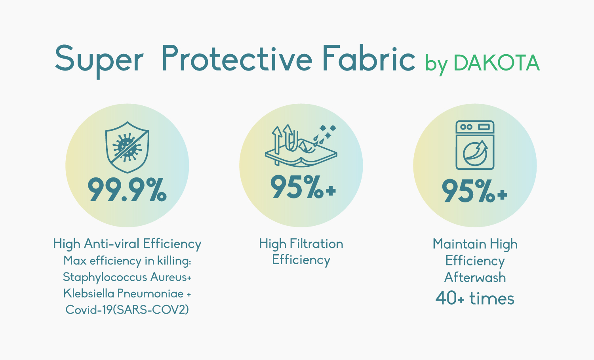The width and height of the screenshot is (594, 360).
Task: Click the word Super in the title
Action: click(99, 61)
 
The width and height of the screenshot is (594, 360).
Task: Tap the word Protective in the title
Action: click(237, 58)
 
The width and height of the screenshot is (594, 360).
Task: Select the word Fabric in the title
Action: click(369, 58)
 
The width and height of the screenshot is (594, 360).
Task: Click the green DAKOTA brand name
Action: click(497, 63)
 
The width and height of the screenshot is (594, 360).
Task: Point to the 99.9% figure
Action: click(127, 189)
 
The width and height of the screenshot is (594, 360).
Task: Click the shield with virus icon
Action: click(127, 147)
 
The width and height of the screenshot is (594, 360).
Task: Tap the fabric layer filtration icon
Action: click(301, 145)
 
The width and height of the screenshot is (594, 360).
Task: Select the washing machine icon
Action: click(475, 145)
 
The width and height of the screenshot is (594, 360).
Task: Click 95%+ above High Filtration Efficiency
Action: click(303, 187)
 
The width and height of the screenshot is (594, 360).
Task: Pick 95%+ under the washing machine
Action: click(474, 191)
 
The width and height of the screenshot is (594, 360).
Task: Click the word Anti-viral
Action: click(112, 244)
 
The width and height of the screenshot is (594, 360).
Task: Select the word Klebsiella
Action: click(89, 293)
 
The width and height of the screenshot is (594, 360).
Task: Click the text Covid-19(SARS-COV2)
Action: click(127, 310)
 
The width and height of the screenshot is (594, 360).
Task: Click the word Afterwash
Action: click(475, 278)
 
